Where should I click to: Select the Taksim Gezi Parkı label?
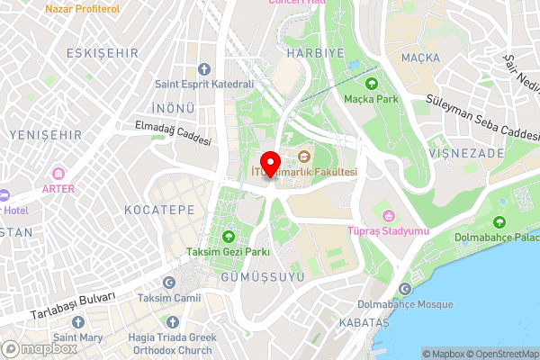[x=228, y=251]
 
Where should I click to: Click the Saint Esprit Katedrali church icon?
[x=203, y=68]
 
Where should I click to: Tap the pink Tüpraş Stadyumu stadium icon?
[x=389, y=216]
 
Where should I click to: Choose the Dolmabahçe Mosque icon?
[x=405, y=288]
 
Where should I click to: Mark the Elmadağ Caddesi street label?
[x=174, y=134]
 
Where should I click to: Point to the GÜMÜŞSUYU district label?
[x=263, y=277]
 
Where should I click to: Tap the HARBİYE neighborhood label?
[x=291, y=53]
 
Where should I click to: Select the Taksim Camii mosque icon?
[x=170, y=280]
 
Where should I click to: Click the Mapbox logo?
[x=37, y=348]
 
